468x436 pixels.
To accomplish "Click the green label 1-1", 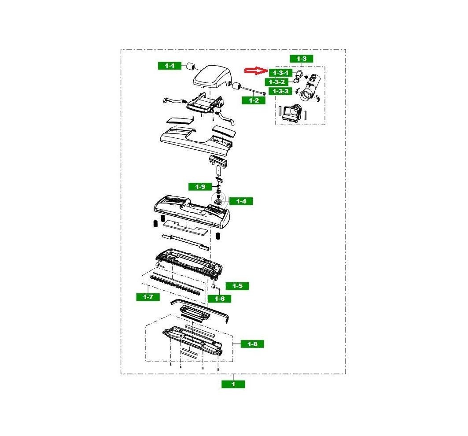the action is coord(170,66).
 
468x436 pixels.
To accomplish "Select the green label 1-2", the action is coord(254,100).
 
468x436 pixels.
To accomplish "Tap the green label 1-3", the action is coord(302,59).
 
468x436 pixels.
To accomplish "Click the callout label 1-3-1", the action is coord(280,73).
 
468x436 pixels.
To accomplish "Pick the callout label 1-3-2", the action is coord(276,82).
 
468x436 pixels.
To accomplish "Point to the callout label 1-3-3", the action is coord(280,91).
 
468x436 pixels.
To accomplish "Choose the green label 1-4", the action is coord(241,201).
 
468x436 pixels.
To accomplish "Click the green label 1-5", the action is coord(237,286).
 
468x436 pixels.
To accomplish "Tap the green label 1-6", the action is coord(219,299).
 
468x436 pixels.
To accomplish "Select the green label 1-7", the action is coord(148,297).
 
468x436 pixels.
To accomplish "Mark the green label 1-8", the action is coord(252,344).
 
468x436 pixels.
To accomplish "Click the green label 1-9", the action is coord(200,187).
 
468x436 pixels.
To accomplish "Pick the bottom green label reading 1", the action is coord(233,384).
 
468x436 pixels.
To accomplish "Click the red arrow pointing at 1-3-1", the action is coord(256,70).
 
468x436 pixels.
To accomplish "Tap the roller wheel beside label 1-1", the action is coord(191,67).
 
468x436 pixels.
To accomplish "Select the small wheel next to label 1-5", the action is coord(214,286).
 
